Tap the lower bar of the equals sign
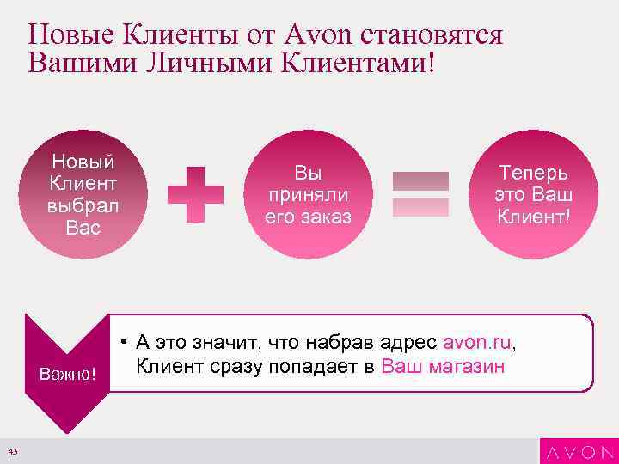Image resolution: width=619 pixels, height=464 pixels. (x=420, y=207)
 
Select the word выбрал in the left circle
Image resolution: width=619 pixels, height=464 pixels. (x=83, y=206)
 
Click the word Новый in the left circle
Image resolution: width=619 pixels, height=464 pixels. (x=83, y=162)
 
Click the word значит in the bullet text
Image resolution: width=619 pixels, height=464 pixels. (x=226, y=343)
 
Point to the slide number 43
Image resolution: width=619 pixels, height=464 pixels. (x=12, y=452)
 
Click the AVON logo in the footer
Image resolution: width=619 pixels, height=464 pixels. (x=577, y=452)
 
